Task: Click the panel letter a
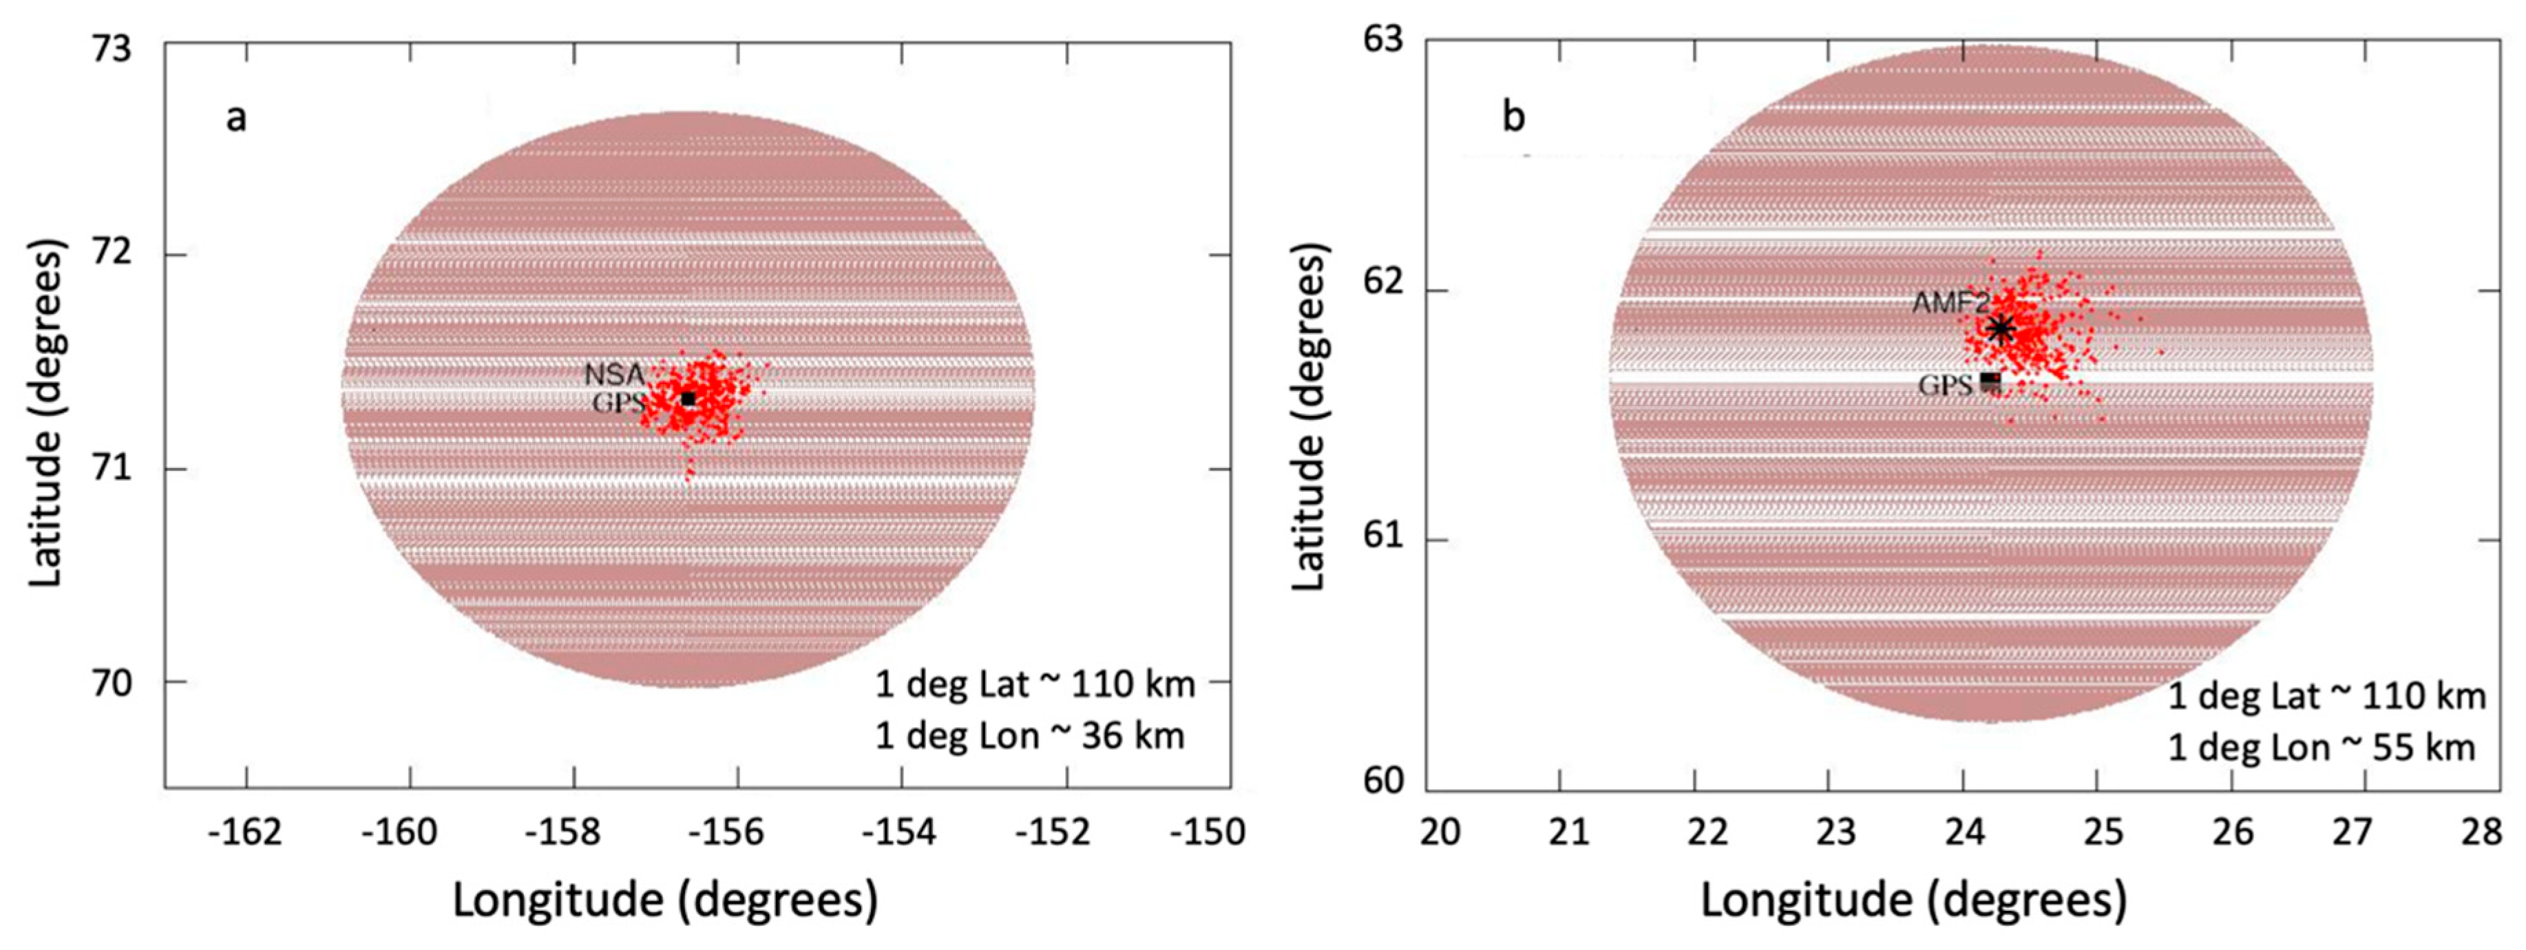tap(236, 118)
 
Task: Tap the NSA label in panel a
tap(614, 374)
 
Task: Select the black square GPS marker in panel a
tap(688, 398)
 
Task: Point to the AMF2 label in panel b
tap(1950, 303)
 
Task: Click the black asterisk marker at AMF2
tap(2001, 328)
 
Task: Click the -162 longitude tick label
tap(245, 832)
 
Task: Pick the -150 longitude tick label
tap(1206, 832)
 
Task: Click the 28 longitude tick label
tap(2481, 832)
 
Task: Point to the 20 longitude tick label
tap(1440, 832)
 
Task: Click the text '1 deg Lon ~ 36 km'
tap(1030, 735)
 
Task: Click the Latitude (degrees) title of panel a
tap(45, 414)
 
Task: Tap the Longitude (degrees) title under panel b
tap(1913, 899)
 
